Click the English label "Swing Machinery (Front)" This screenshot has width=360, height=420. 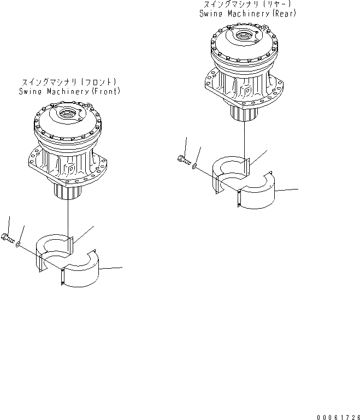click(x=69, y=91)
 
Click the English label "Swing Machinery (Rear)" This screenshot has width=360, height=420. click(x=248, y=13)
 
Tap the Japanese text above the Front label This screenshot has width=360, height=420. click(x=69, y=82)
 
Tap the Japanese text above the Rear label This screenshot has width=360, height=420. click(x=247, y=4)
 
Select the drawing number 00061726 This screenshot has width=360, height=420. click(x=335, y=416)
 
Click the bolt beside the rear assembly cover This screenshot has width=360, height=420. click(x=183, y=159)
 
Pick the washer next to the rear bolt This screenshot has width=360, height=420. click(x=195, y=164)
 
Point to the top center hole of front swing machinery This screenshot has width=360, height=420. click(x=68, y=114)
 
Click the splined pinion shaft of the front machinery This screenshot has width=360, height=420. click(x=67, y=192)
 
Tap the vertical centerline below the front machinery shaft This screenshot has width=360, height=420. click(x=68, y=218)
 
